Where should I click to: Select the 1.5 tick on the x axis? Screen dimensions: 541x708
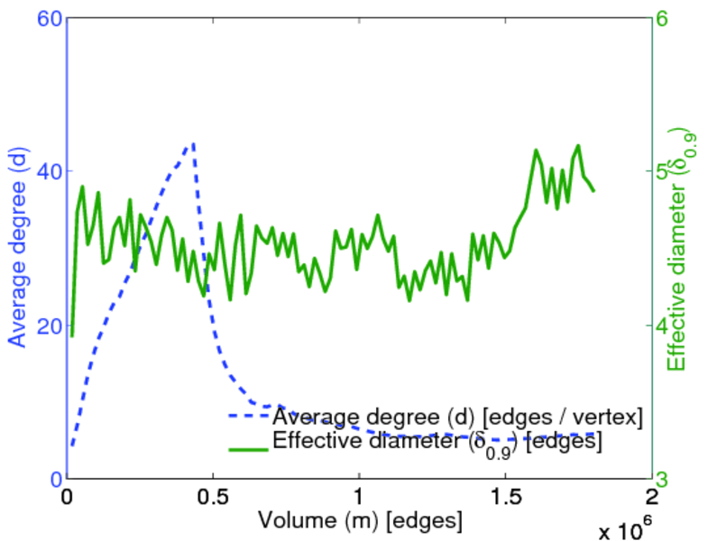click(x=505, y=497)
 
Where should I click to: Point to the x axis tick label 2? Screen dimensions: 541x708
click(x=651, y=497)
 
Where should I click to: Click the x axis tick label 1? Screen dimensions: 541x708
click(x=359, y=497)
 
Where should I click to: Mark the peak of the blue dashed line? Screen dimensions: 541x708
click(x=193, y=143)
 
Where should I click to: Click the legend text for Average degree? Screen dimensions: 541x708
click(x=457, y=417)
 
